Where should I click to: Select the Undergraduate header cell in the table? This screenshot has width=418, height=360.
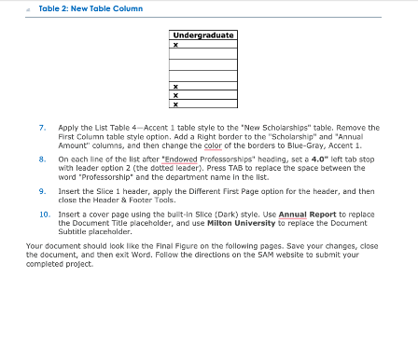(x=202, y=36)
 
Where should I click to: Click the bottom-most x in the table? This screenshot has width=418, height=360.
(x=175, y=104)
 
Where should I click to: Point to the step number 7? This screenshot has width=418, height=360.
(x=42, y=127)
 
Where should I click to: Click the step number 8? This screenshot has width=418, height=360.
(x=42, y=159)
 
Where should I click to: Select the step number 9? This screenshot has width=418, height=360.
(x=42, y=191)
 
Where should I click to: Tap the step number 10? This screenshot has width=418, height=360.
(x=44, y=214)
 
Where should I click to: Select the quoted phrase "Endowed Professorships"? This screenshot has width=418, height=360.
(x=199, y=159)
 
